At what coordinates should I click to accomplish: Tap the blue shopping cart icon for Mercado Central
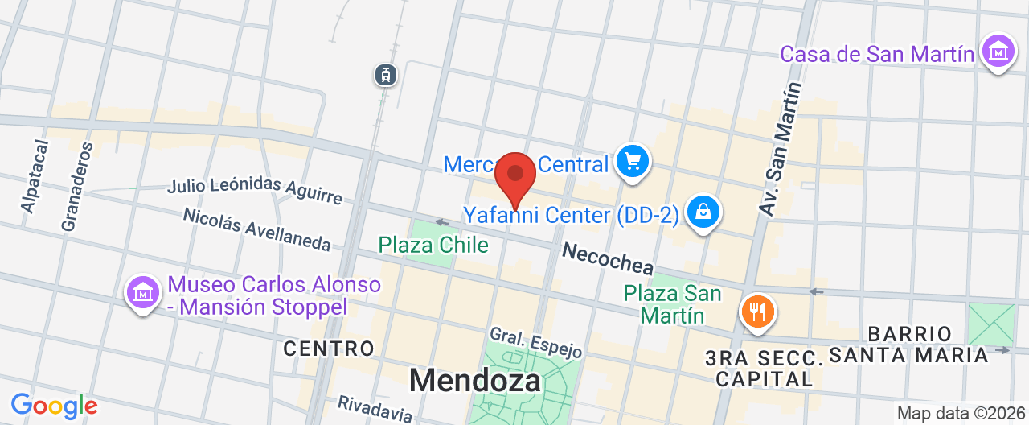[633, 162]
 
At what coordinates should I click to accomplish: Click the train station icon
[387, 75]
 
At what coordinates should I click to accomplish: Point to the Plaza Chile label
[433, 245]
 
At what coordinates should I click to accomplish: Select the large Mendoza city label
[474, 380]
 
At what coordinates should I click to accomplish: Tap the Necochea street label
[608, 258]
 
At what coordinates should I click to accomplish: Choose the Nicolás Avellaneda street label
[256, 229]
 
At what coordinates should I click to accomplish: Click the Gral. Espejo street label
[535, 342]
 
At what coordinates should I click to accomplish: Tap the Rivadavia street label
[375, 409]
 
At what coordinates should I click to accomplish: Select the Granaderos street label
[76, 187]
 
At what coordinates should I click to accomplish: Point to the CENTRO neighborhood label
[329, 349]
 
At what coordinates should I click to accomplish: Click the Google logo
[54, 406]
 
